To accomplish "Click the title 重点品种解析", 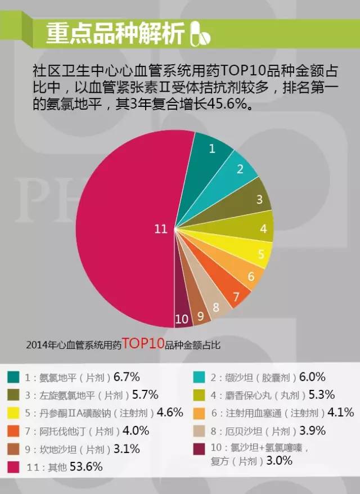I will [x=115, y=34].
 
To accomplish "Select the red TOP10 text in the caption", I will [x=143, y=343].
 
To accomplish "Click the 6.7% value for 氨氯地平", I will [x=127, y=376].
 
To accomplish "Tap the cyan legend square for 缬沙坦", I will [x=199, y=377].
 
